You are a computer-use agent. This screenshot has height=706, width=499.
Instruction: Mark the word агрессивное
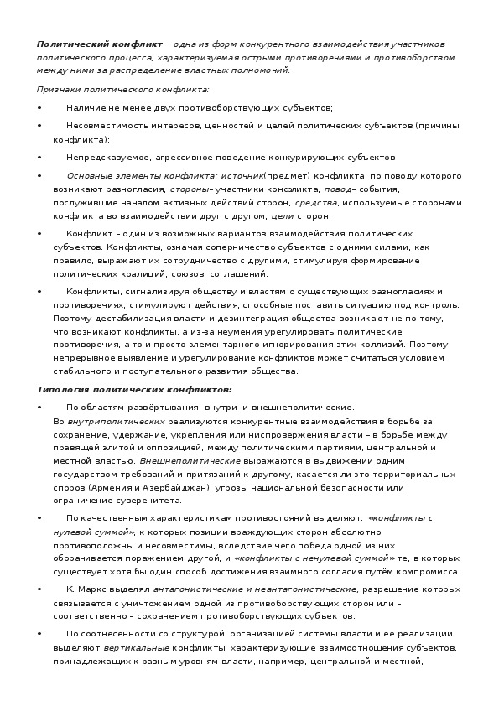tap(174, 158)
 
